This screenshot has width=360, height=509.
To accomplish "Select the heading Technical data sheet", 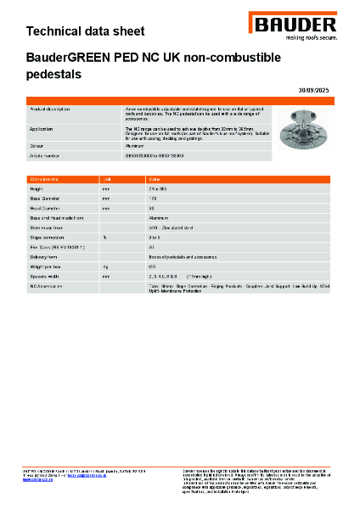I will [x=85, y=31].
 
